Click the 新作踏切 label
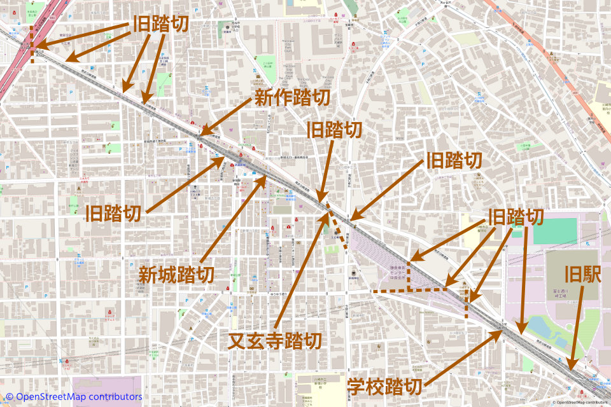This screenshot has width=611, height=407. coord(292,98)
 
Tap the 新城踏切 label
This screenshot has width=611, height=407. coord(176,275)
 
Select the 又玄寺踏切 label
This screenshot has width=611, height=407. coord(275,341)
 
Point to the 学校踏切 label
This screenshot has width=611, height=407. coord(385,386)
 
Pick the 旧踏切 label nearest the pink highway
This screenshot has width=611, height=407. coord(161,24)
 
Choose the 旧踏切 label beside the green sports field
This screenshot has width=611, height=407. coord(516,217)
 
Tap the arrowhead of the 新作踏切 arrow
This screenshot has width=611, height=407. coord(201,135)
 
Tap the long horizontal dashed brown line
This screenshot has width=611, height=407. coord(407,291)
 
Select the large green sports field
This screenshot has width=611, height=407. coord(554,231)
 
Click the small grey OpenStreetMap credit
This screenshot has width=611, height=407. coord(580,402)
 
